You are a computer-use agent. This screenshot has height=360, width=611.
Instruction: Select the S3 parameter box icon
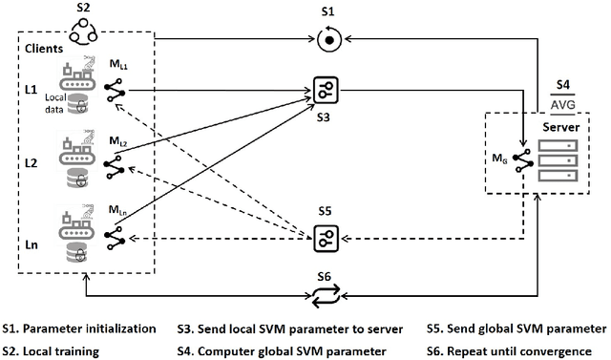click(326, 91)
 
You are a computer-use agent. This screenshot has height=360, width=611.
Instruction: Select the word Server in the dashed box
click(561, 126)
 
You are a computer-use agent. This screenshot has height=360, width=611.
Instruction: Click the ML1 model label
click(118, 64)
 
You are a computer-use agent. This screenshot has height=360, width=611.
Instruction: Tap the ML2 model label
click(118, 141)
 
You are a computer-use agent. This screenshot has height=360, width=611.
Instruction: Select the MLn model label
click(118, 211)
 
